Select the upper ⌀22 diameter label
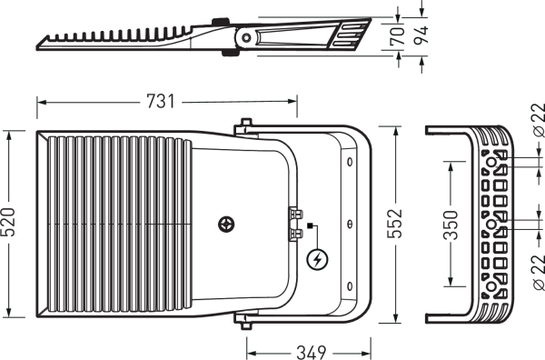[x=537, y=121]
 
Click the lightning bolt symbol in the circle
[x=317, y=260]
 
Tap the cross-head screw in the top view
[x=226, y=223]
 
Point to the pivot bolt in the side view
[x=245, y=37]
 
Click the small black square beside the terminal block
[x=310, y=225]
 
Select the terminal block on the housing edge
[x=295, y=224]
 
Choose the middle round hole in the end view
[x=491, y=224]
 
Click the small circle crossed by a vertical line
[x=351, y=224]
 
